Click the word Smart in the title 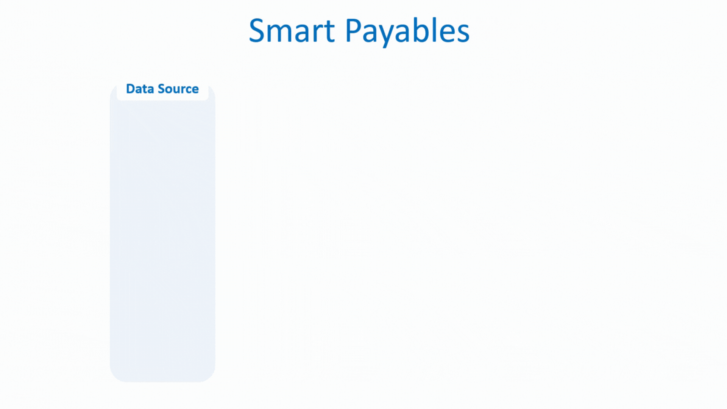pyautogui.click(x=292, y=30)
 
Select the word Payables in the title pyautogui.click(x=407, y=32)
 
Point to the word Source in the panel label pyautogui.click(x=178, y=89)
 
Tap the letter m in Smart pyautogui.click(x=282, y=33)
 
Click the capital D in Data pyautogui.click(x=131, y=89)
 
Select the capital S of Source pyautogui.click(x=162, y=89)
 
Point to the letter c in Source pyautogui.click(x=188, y=90)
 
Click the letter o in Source pyautogui.click(x=168, y=90)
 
